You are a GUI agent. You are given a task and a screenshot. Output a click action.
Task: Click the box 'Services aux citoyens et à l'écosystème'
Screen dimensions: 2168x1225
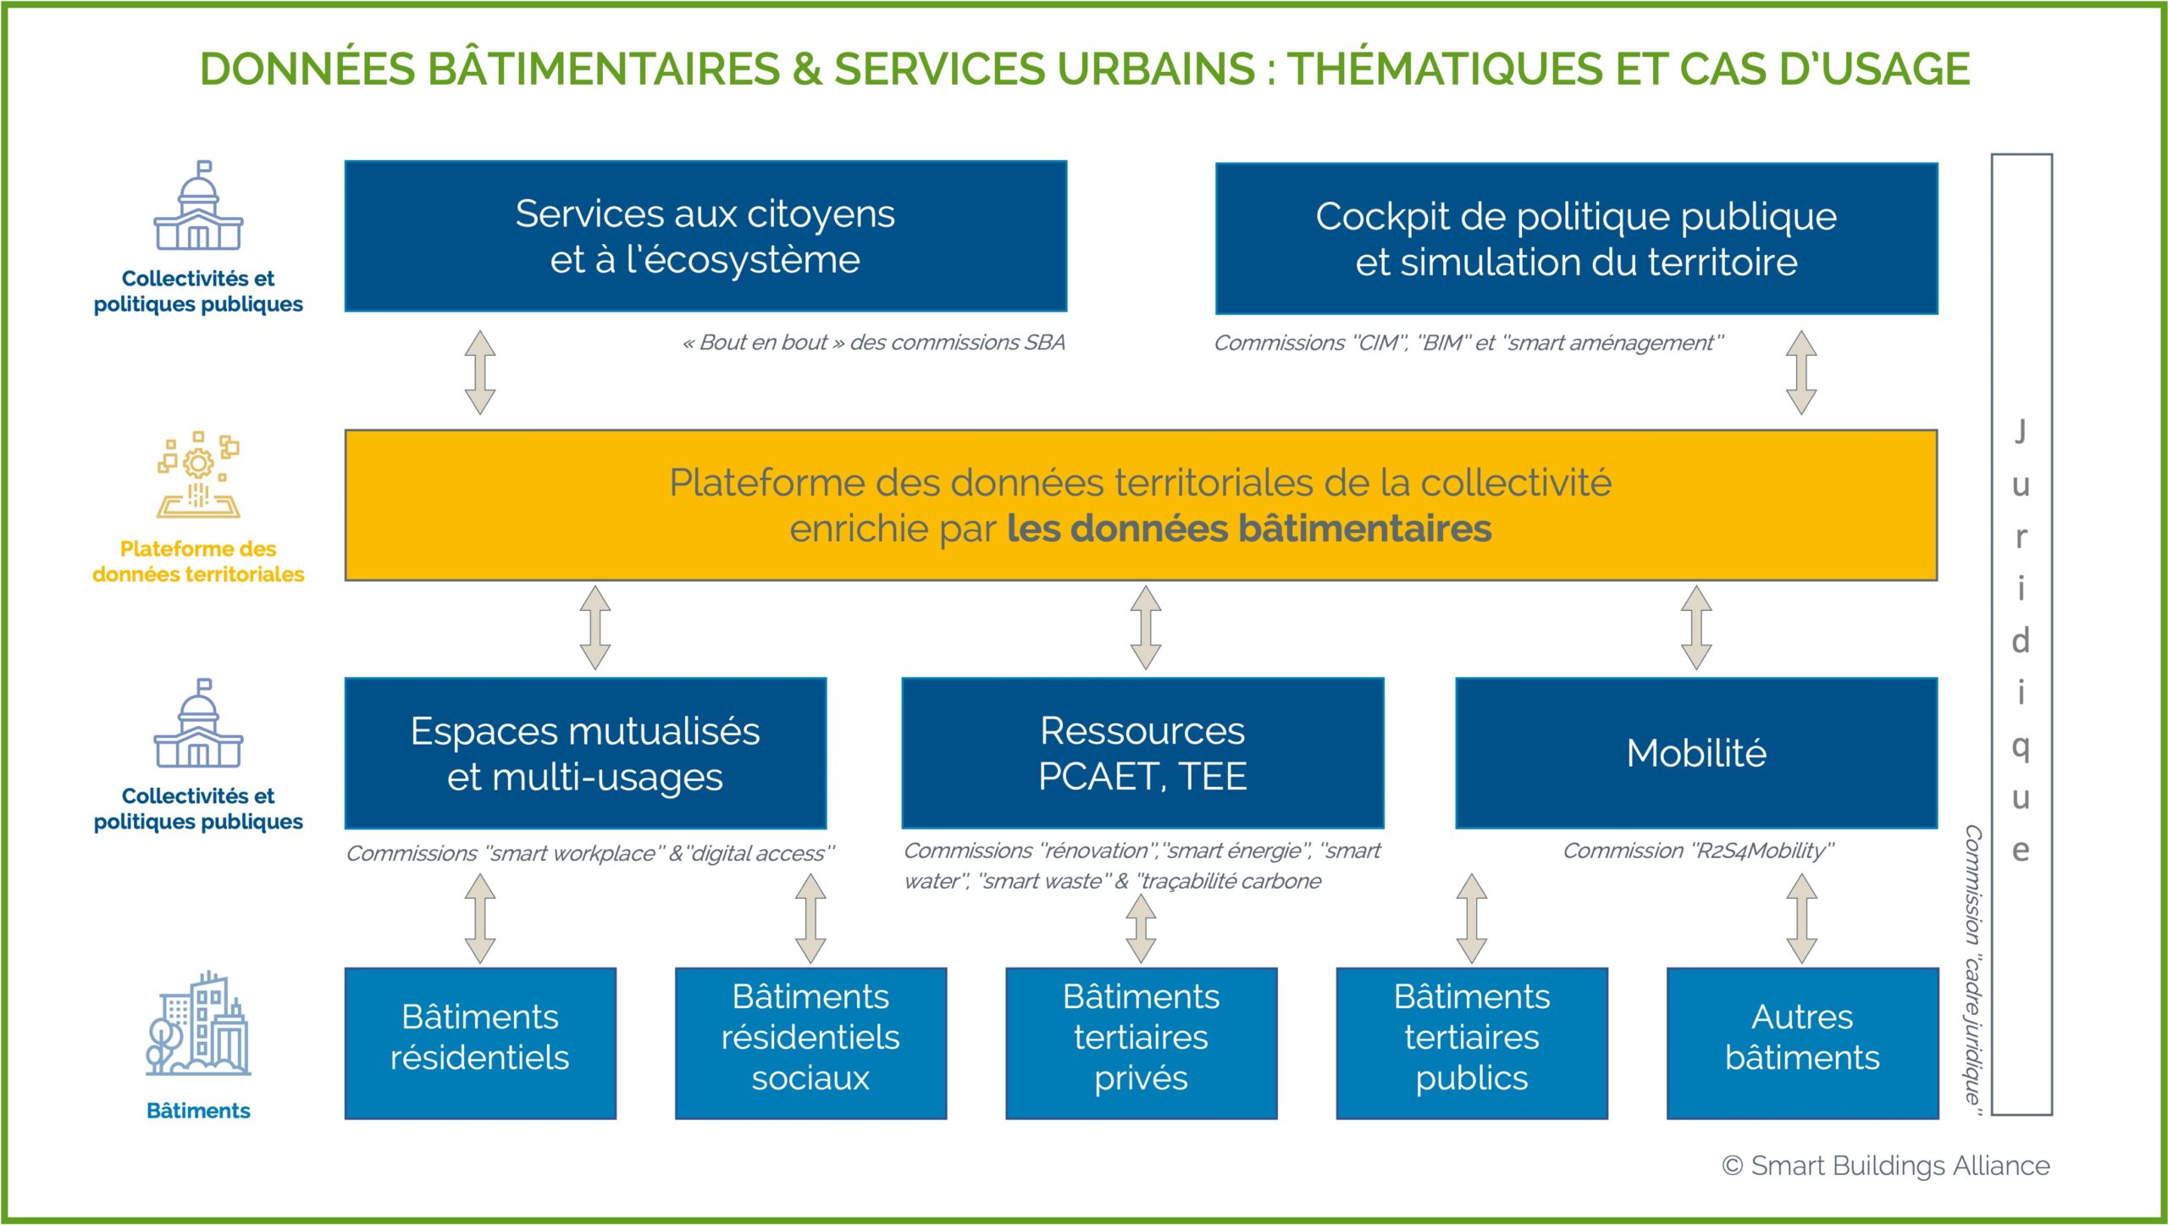pos(705,236)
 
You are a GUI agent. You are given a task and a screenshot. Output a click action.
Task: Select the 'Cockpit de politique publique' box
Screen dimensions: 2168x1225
pos(1576,238)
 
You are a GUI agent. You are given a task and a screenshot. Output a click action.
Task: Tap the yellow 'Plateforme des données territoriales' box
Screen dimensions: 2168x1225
pos(1141,505)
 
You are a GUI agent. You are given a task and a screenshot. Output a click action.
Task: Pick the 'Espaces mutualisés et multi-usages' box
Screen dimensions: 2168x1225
pos(585,753)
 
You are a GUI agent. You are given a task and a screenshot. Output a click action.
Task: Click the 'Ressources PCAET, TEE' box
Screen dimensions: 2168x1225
pos(1142,753)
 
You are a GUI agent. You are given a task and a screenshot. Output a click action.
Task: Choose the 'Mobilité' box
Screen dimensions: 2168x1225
pos(1696,753)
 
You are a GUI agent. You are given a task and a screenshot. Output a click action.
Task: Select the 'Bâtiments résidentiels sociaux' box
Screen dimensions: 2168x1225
pos(810,1044)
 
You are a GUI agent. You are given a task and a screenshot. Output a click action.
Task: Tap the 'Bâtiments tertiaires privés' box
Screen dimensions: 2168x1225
pos(1141,1044)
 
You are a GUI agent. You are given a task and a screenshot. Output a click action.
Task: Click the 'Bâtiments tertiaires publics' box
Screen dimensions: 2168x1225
pos(1472,1044)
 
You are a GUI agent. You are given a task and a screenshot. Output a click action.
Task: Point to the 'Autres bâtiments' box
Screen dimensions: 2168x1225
pos(1802,1044)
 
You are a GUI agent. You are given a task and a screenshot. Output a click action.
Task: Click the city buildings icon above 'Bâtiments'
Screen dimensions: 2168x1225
pos(198,1024)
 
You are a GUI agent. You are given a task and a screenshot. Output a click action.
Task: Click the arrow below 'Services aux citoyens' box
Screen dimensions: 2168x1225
pos(480,372)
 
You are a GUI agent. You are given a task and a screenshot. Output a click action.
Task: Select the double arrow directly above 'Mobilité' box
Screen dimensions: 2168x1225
pos(1696,628)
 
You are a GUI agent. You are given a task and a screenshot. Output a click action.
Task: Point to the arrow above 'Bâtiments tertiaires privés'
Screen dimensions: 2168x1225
pos(1141,928)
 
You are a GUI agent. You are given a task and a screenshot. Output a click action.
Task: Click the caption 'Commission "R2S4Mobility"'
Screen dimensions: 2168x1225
pos(1698,851)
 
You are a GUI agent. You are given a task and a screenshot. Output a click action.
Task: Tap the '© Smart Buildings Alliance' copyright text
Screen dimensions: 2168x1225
pos(1885,1166)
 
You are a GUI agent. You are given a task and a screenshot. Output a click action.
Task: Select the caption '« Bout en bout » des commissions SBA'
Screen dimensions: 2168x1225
pos(873,342)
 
